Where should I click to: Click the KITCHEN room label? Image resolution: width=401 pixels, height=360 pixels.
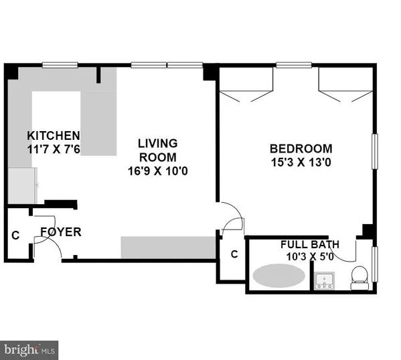[53, 134]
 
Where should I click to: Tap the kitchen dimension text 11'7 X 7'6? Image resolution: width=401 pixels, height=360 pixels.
[53, 149]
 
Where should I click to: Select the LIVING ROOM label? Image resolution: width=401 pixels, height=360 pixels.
[157, 150]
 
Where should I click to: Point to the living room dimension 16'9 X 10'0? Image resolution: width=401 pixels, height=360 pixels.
[157, 171]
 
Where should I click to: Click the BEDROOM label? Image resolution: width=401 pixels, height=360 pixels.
[301, 148]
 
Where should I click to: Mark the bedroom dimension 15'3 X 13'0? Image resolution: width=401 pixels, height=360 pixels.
[301, 161]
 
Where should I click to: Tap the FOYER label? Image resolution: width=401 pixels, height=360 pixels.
[60, 232]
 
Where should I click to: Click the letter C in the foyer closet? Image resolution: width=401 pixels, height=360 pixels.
[15, 236]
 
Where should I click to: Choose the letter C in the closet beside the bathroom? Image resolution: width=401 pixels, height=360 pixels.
[234, 254]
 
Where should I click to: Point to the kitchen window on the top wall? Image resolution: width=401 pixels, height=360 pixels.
[62, 66]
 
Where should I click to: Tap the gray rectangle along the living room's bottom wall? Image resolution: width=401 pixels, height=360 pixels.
[168, 247]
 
